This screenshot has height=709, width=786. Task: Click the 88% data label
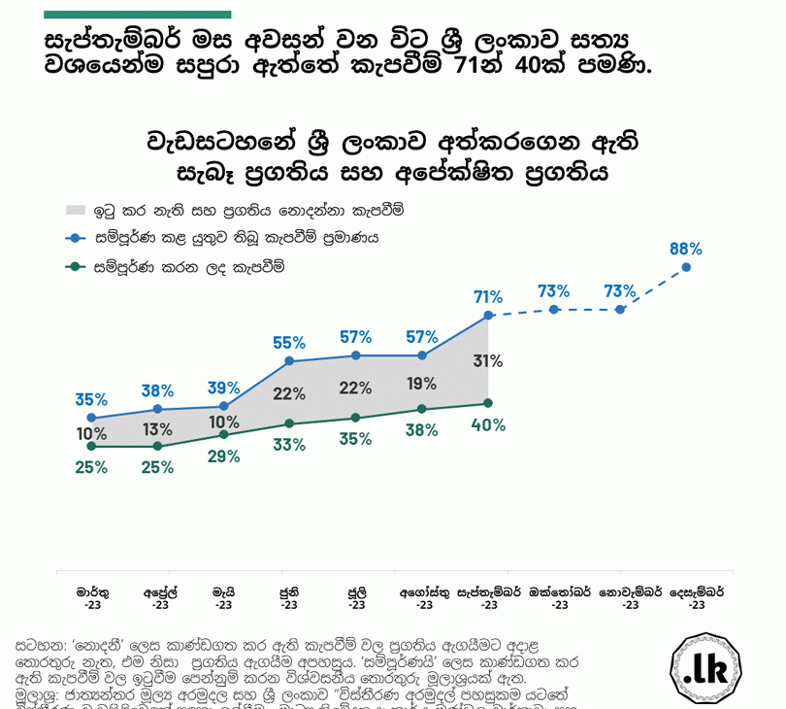click(x=685, y=249)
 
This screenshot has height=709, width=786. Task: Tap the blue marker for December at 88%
click(x=686, y=267)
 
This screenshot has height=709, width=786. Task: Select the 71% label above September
click(x=488, y=297)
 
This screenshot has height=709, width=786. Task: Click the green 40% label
click(x=488, y=424)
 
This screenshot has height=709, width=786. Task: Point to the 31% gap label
click(x=488, y=361)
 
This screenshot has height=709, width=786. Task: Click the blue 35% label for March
click(x=91, y=399)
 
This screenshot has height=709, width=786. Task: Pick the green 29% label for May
click(x=224, y=456)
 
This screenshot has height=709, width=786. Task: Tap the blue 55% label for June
click(x=289, y=343)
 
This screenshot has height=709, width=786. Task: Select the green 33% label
click(x=289, y=445)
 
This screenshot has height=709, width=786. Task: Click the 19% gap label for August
click(x=422, y=383)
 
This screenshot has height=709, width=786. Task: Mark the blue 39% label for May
click(x=224, y=388)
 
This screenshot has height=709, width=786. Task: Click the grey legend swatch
click(x=77, y=210)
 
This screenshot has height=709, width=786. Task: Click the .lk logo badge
click(x=705, y=669)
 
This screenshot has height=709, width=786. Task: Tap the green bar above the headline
click(x=138, y=15)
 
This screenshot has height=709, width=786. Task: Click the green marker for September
click(x=488, y=403)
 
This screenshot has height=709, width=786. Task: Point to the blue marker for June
click(x=289, y=361)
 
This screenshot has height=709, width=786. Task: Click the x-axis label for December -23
click(x=696, y=597)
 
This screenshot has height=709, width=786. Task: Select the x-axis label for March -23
click(x=92, y=597)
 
